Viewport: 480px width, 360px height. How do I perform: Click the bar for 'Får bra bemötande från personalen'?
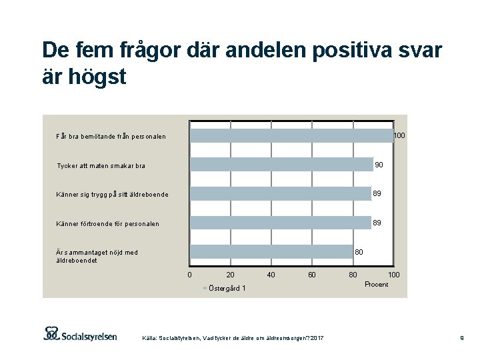point(291,136)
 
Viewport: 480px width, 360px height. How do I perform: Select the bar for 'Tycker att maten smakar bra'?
point(281,165)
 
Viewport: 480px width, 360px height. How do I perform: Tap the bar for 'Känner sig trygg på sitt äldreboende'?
point(280,193)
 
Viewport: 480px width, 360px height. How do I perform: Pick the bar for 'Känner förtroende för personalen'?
point(280,223)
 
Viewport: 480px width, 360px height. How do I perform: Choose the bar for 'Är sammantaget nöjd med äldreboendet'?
point(271,251)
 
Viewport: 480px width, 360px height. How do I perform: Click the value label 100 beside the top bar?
point(399,136)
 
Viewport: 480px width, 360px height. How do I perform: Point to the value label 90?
point(379,165)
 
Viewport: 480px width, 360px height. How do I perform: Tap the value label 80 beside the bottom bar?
point(359,252)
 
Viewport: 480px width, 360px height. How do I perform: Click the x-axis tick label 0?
point(190,275)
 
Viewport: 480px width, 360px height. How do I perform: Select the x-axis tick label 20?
point(231,275)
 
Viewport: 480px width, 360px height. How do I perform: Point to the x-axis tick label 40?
point(271,275)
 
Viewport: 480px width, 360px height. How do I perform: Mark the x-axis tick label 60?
point(311,275)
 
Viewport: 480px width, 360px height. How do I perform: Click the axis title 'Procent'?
point(376,285)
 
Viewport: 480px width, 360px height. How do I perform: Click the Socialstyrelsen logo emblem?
point(51,333)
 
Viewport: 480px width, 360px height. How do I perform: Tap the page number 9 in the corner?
point(461,339)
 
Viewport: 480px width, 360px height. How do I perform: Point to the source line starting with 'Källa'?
point(233,339)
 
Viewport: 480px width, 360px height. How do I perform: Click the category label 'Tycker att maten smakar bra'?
point(101,166)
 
